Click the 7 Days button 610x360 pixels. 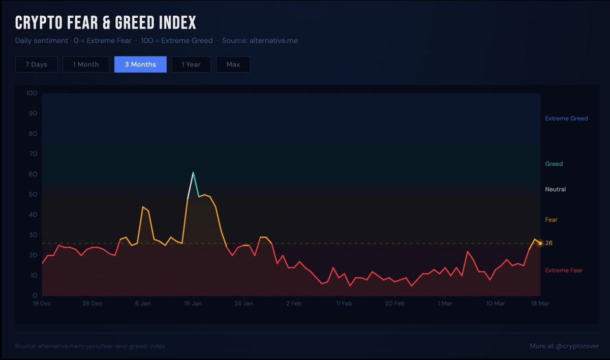coord(36,65)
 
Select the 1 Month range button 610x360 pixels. coord(86,65)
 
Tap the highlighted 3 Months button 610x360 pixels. coord(140,65)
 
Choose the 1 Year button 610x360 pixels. coord(191,65)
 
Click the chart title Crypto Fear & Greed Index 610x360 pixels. coord(105,23)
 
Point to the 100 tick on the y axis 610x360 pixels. coord(32,93)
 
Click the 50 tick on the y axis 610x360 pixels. coord(34,194)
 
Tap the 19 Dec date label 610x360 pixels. coord(42,304)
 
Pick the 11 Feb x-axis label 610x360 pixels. coord(344,304)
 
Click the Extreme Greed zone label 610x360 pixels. coord(566,118)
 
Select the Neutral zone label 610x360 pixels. coord(555,189)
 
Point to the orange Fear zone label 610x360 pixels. coord(551,220)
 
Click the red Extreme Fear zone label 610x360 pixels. coord(564,270)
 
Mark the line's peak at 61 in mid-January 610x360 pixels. coord(193,172)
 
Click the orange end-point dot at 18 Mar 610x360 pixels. coord(540,243)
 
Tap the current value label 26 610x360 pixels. coord(549,243)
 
